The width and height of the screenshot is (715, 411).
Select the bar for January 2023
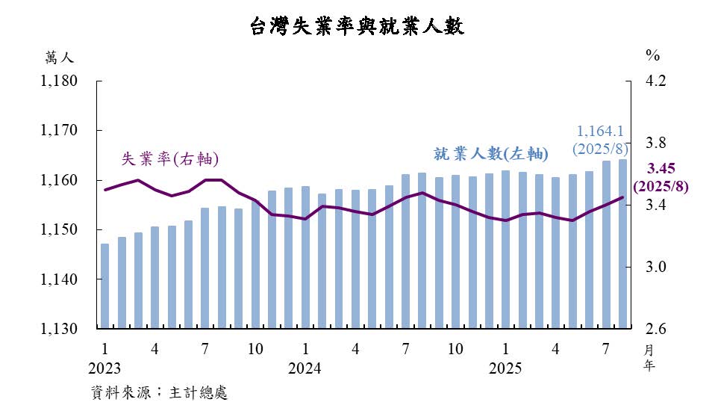[x=105, y=285]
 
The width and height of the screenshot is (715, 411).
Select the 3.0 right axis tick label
[x=656, y=267]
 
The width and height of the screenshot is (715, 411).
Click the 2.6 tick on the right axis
[x=656, y=329]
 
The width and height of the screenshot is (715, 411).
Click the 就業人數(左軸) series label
[x=491, y=155]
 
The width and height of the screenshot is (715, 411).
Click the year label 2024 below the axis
[x=305, y=368]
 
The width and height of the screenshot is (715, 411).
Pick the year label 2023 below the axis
[x=104, y=368]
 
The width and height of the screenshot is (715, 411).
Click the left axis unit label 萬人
[x=59, y=56]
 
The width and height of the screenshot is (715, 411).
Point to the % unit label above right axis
[x=653, y=55]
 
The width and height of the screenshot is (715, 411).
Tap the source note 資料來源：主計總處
[x=158, y=392]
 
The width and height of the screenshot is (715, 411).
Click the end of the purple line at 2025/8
[x=623, y=197]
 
